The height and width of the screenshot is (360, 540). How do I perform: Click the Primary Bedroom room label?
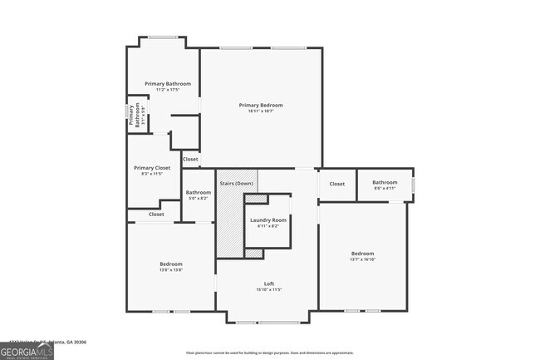[x=261, y=105]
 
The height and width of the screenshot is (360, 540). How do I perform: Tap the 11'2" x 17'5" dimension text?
[x=168, y=90]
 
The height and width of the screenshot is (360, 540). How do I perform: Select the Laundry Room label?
[x=268, y=219]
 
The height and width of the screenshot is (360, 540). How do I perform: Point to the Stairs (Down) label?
[x=236, y=183]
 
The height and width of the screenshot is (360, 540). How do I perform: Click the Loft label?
[x=268, y=284]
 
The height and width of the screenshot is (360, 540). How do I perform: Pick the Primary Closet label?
[x=152, y=167]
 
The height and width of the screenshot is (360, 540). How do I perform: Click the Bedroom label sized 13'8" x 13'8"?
[x=171, y=264]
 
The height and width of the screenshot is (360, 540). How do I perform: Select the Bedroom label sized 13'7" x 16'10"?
[x=362, y=254]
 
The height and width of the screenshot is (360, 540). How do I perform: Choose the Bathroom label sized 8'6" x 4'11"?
[x=385, y=182]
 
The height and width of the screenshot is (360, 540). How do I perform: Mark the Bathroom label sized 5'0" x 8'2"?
[x=199, y=193]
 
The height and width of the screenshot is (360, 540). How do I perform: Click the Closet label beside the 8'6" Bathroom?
[x=336, y=184]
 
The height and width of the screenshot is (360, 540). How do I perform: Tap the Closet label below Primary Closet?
[x=156, y=215]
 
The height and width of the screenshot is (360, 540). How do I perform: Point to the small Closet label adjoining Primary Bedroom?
[x=190, y=159]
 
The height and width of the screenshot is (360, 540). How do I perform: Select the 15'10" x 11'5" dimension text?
[x=268, y=290]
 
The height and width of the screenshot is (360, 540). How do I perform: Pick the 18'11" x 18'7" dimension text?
[x=261, y=111]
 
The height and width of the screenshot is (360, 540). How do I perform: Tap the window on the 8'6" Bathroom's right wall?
[x=413, y=184]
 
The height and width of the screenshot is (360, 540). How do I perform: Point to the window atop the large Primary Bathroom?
[x=163, y=37]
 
